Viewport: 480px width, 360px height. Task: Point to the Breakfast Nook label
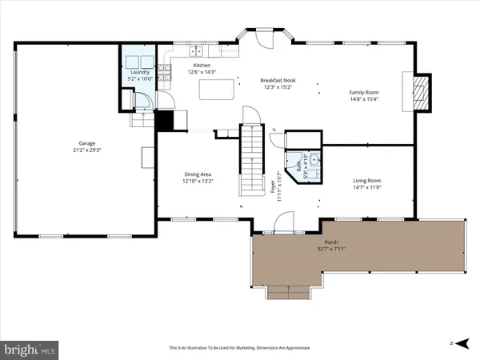(281, 81)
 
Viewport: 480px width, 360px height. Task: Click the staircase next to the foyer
(252, 160)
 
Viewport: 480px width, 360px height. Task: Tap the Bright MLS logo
(29, 349)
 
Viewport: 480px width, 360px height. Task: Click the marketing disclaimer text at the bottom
(240, 348)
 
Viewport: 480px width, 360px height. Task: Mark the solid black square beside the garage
(164, 120)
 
